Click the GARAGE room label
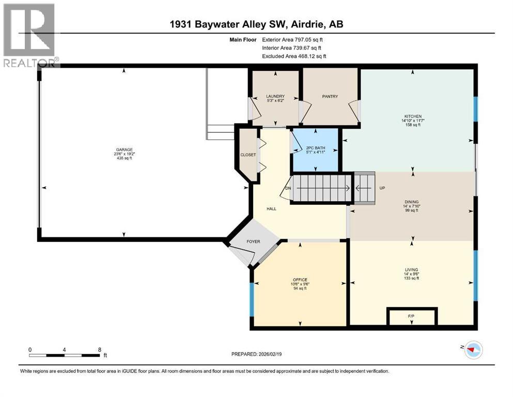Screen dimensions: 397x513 point(123,149)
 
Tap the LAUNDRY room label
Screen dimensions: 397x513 point(275,96)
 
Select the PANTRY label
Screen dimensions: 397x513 point(330,96)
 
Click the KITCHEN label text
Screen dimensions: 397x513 point(413,116)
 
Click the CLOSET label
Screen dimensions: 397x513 point(247,155)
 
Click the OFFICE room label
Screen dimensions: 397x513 point(300,280)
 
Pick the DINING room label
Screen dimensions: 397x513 point(412,202)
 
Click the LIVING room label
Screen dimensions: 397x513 point(412,269)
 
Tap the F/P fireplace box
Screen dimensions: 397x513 point(412,316)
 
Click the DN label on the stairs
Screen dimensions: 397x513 point(288,188)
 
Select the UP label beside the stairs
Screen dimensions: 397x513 point(382,188)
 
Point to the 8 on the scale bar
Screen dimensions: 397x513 point(99,349)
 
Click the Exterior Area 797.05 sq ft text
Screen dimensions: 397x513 point(294,39)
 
